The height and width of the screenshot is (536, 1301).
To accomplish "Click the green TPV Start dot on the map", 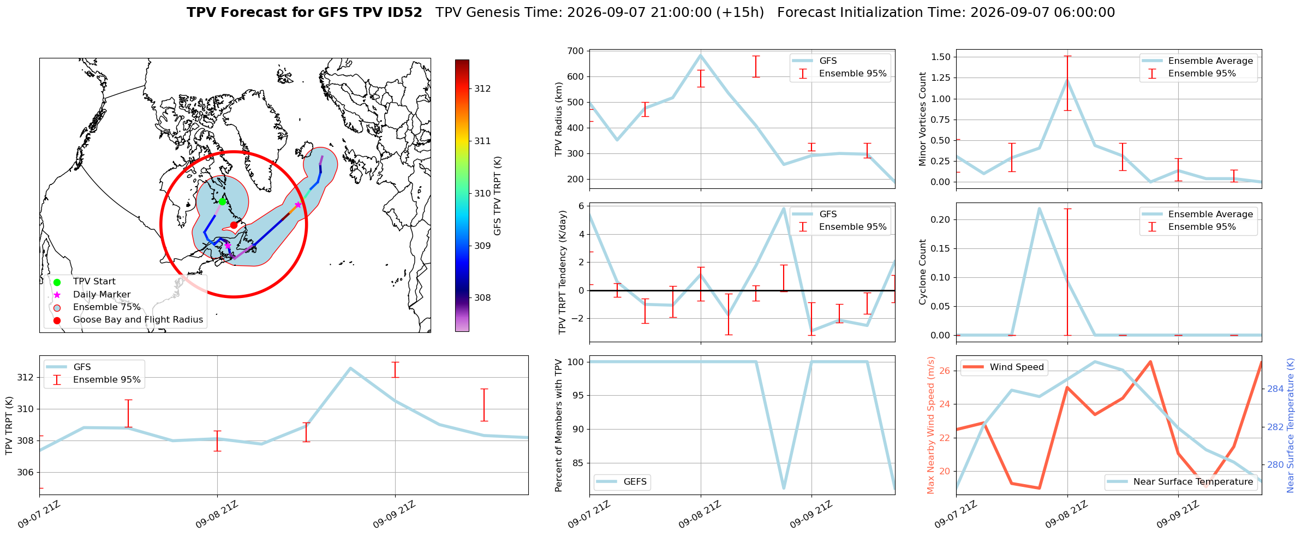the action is pos(222,201).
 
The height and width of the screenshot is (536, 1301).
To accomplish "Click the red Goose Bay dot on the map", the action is pos(234,225).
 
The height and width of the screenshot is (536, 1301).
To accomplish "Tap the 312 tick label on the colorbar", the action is pos(482,88).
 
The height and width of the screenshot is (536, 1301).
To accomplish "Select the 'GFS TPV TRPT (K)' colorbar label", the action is pos(497,196).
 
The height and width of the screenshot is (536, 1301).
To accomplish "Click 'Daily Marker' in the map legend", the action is pos(102,294).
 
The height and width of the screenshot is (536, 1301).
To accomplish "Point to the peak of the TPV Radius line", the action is pos(701,55).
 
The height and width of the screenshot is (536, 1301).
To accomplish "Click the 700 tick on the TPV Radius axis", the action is pos(576,51).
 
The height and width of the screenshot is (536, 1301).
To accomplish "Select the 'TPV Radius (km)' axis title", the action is pos(558,118).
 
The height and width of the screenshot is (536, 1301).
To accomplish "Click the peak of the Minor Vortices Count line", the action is pos(1067,80).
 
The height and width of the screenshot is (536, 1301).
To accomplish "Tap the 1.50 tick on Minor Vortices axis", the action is pos(941,57).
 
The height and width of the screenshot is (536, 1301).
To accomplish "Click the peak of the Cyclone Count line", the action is pos(1039,208).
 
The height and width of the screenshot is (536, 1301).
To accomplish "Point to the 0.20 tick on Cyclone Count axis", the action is pos(941,219).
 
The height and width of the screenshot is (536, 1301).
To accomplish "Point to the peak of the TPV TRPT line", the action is pos(350,368).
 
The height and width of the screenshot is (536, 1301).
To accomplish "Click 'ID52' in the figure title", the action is pos(404,13).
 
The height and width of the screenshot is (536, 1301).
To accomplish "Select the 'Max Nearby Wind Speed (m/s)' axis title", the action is pos(931,425).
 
